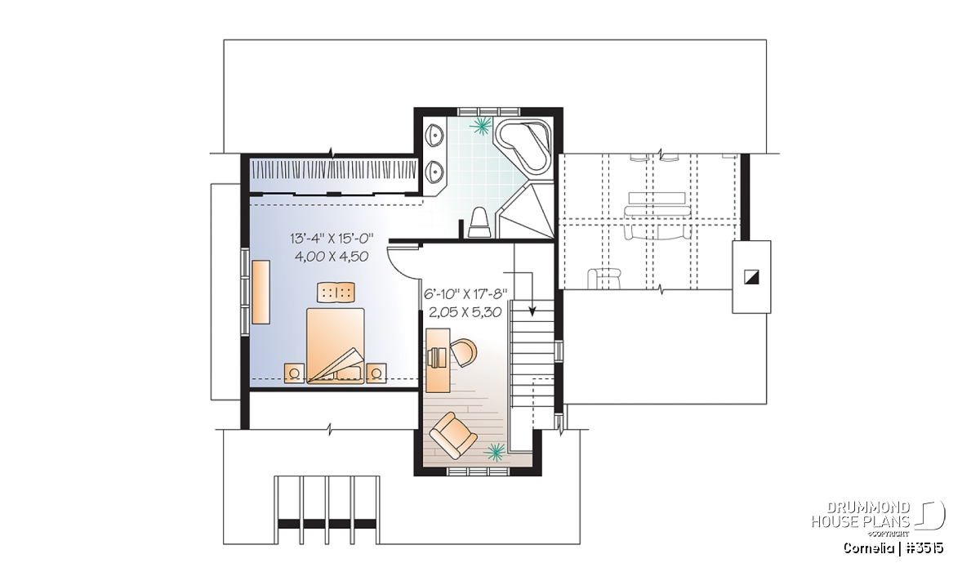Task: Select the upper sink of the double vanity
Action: tap(435, 134)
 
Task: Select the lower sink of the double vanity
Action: tap(435, 171)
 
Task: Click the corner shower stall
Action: tap(529, 211)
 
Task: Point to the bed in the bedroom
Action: tap(336, 346)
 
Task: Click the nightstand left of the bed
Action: tap(294, 373)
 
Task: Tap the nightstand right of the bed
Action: tap(376, 373)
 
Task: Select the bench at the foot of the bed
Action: tap(336, 292)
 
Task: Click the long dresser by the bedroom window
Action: tap(261, 292)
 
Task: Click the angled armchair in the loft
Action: tap(452, 436)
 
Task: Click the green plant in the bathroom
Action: tap(481, 125)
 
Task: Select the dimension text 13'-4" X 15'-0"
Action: tap(332, 239)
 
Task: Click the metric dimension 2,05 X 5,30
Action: tap(465, 312)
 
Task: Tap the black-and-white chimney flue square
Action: tap(751, 277)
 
